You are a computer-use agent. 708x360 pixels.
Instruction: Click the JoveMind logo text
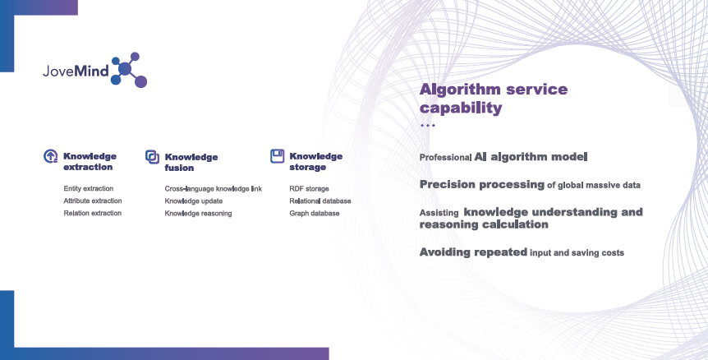pos(76,71)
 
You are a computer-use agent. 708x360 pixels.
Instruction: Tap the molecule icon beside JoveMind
pos(129,70)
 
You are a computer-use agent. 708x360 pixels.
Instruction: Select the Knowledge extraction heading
pos(90,161)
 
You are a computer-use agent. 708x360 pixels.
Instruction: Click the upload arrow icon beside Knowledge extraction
pos(51,156)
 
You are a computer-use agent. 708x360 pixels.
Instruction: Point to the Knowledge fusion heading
pos(191,162)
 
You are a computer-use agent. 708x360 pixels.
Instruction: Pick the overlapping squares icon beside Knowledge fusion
pos(152,157)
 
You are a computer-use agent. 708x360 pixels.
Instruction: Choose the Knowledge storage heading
pos(315,161)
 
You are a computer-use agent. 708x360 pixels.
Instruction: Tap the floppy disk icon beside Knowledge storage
pos(278,156)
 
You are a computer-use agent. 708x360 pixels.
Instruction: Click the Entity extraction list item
pos(89,188)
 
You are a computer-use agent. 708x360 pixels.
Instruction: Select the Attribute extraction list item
pos(93,201)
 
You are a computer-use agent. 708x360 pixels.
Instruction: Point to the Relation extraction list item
pos(93,213)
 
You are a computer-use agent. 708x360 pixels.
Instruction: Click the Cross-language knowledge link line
pos(213,189)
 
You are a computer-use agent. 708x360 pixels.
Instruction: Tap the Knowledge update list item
pos(194,201)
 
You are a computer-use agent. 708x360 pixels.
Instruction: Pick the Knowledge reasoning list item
pos(198,213)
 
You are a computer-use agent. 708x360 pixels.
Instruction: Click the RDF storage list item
pos(310,189)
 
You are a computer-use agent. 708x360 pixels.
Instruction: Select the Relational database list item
pos(320,201)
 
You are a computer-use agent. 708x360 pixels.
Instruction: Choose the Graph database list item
pos(315,213)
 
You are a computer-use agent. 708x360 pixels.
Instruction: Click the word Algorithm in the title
pos(460,90)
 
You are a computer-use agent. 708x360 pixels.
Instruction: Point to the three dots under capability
pos(428,125)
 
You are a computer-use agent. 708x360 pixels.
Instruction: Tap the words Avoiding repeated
pos(473,252)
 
